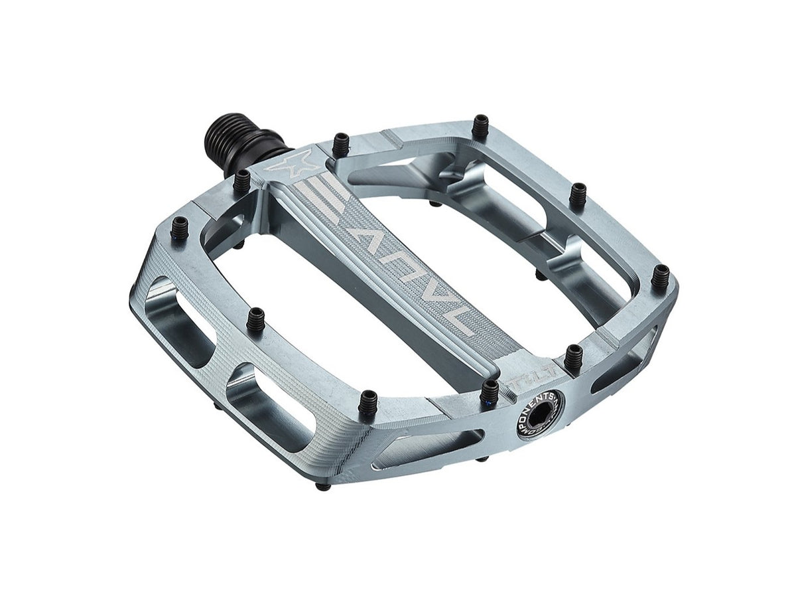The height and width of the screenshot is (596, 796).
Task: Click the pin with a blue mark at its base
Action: pyautogui.click(x=490, y=393)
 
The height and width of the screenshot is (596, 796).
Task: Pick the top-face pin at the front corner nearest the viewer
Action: pyautogui.click(x=367, y=404)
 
